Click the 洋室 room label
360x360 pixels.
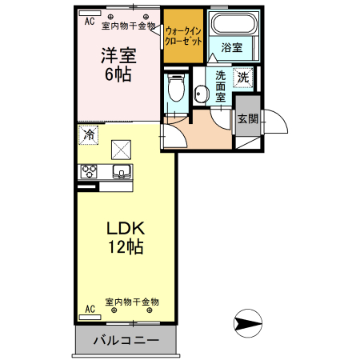117,56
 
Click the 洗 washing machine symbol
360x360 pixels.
243,78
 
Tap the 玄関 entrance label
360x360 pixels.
247,119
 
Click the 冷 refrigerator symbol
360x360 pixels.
89,135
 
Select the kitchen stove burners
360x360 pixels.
89,171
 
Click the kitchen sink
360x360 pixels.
122,171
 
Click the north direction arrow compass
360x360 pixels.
247,324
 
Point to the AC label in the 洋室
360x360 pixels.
89,22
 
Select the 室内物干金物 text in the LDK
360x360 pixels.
132,302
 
